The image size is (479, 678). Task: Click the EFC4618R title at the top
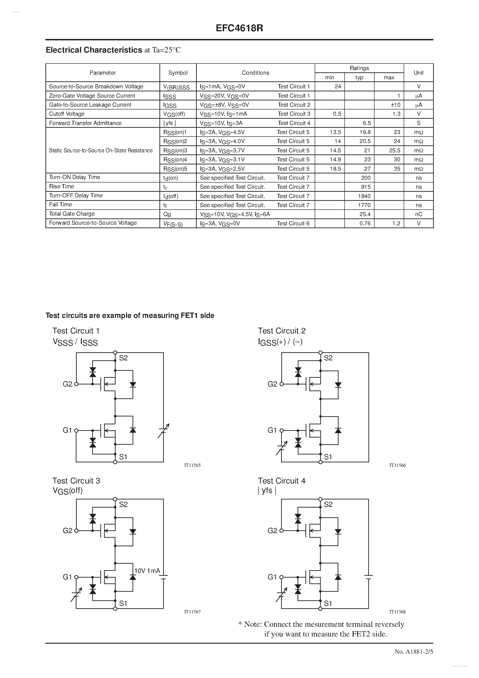pyautogui.click(x=239, y=28)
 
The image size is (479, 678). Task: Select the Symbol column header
pyautogui.click(x=178, y=73)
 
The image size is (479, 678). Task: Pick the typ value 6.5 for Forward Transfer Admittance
pyautogui.click(x=367, y=123)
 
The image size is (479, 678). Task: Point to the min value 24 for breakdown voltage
pyautogui.click(x=338, y=86)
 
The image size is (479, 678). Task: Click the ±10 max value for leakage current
pyautogui.click(x=396, y=105)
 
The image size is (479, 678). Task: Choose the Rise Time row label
pyautogui.click(x=61, y=186)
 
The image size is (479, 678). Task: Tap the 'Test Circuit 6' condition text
pyautogui.click(x=293, y=224)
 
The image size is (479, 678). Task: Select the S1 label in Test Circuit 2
pyautogui.click(x=328, y=457)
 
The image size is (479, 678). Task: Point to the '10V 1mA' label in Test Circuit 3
pyautogui.click(x=147, y=571)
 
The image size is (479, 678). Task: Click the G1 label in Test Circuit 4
pyautogui.click(x=272, y=577)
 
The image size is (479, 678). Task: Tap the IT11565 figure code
pyautogui.click(x=192, y=465)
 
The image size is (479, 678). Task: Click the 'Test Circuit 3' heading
pyautogui.click(x=76, y=481)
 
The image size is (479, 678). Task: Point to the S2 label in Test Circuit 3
pyautogui.click(x=123, y=504)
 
